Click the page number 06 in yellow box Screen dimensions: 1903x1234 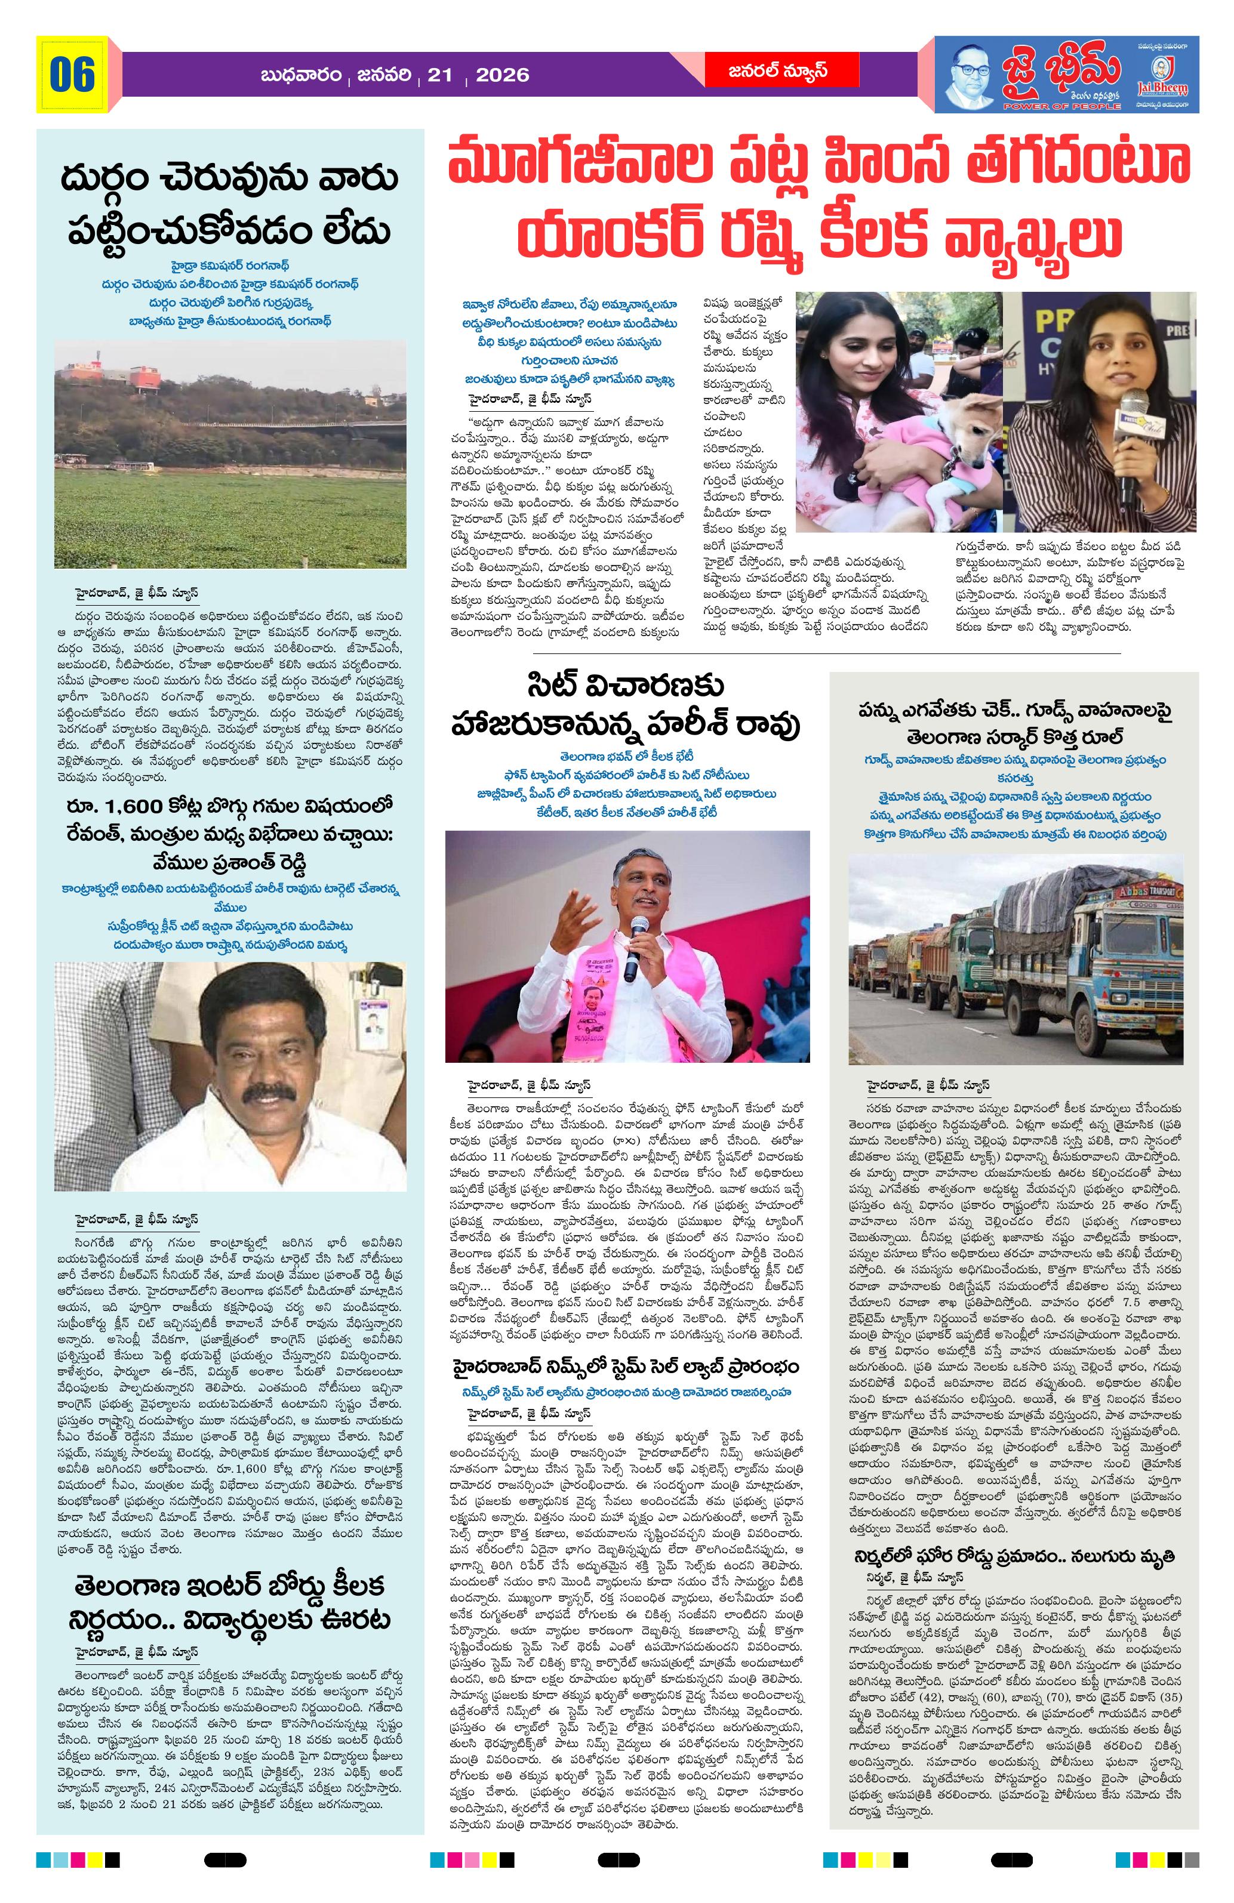[x=72, y=75]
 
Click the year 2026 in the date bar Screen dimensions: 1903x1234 [x=501, y=75]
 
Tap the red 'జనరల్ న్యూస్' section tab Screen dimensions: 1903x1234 [x=765, y=71]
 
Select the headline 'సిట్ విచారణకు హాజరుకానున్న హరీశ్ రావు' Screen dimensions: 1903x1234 [x=628, y=710]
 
